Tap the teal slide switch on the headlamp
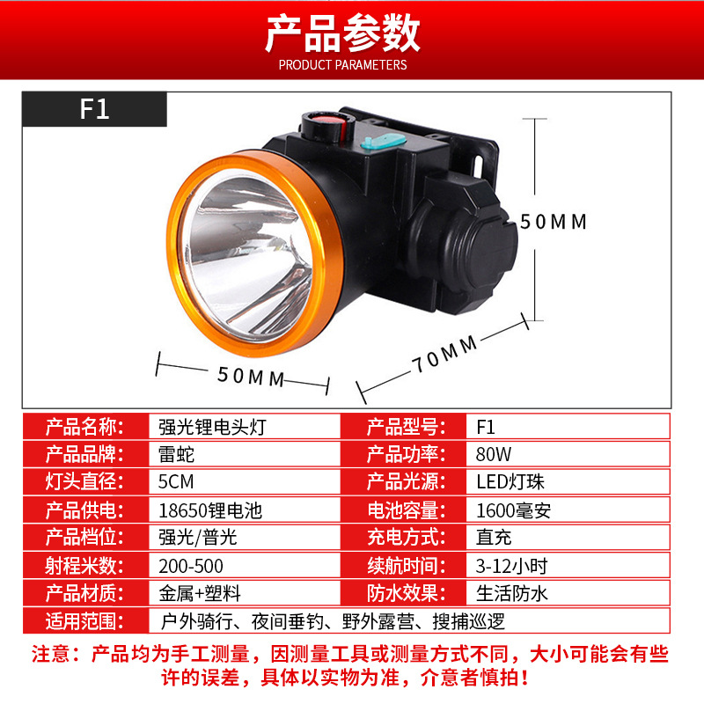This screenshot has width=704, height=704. [383, 143]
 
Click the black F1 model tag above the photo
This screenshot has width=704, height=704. [94, 109]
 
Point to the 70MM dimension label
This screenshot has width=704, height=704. [445, 354]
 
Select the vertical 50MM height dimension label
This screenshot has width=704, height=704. [554, 222]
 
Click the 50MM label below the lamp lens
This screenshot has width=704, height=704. [251, 377]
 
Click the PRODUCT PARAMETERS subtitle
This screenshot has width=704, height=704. [342, 65]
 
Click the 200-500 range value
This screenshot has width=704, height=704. [191, 566]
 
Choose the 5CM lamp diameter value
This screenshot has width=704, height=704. [176, 481]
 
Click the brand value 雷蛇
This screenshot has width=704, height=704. [176, 454]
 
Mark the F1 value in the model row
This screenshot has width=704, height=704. [486, 427]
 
